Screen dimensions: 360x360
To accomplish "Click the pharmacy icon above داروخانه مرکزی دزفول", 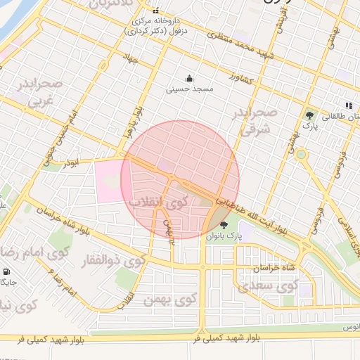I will [156, 11].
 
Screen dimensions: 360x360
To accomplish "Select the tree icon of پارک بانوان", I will [224, 226].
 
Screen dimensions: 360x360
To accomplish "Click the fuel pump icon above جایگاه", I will [6, 271].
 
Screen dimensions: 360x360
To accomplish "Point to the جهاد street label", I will [149, 61].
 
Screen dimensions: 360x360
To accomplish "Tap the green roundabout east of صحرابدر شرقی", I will [301, 154].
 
